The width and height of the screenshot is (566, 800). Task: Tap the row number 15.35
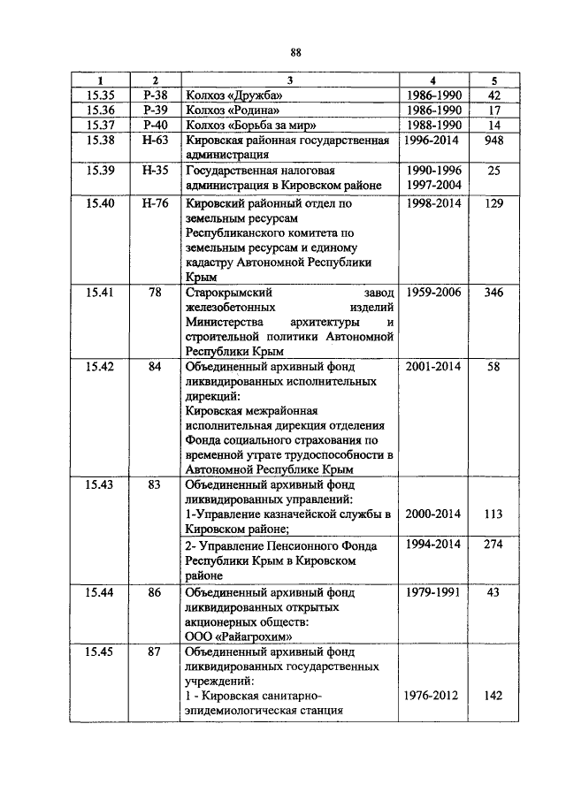point(101,95)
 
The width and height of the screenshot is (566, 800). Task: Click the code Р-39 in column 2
point(155,110)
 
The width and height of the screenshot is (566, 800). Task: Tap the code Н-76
point(155,203)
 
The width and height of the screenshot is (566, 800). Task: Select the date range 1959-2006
point(433,293)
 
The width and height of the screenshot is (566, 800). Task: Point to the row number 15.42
point(101,366)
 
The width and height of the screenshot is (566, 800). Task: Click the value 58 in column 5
point(494,366)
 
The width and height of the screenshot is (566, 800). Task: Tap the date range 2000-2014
point(433,514)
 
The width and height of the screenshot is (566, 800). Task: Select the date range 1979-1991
point(433,590)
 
